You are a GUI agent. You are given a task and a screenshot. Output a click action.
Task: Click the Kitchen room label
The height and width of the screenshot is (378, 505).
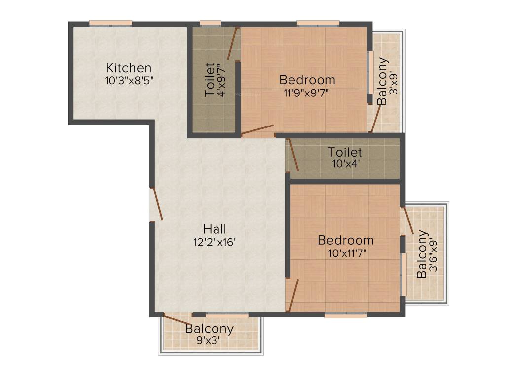[x=129, y=68]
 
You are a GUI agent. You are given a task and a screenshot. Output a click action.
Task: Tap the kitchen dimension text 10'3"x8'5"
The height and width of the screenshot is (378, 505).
[x=130, y=80]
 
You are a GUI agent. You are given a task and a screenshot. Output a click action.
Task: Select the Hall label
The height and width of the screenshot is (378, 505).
[x=215, y=229]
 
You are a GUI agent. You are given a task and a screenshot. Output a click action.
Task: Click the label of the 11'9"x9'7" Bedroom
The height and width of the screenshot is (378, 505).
[x=307, y=79]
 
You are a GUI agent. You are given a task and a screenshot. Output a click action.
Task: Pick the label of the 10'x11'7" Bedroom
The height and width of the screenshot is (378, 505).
[x=345, y=240]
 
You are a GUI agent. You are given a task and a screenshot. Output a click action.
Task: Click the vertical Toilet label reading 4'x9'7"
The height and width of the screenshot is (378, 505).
[x=210, y=79]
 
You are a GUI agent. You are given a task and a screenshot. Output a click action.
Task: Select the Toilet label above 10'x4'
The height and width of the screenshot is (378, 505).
[x=345, y=152]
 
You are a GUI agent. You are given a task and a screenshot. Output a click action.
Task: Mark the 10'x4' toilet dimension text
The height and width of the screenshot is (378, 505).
[x=345, y=164]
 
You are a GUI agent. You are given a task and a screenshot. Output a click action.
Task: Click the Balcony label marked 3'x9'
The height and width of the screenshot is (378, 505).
[x=383, y=81]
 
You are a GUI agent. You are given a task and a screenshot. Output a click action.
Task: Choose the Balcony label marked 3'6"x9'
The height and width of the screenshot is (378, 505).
[x=422, y=254]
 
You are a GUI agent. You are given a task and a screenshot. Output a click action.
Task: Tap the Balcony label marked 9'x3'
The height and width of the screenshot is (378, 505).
[x=210, y=329]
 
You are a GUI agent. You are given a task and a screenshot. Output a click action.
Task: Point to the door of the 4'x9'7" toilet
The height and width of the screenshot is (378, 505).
[x=233, y=43]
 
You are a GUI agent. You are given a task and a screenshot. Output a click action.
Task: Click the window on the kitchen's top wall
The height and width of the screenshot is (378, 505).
[x=111, y=23]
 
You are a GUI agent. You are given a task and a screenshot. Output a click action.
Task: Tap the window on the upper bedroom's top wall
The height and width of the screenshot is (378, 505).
[x=318, y=23]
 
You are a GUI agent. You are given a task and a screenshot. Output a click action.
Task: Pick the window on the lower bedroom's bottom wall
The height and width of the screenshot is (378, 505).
[x=346, y=315]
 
